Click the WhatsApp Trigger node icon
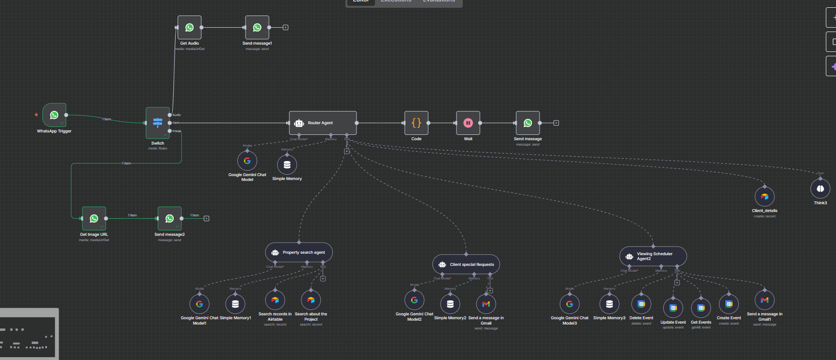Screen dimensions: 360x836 54,115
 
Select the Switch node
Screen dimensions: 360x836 158,123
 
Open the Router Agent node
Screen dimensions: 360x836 323,123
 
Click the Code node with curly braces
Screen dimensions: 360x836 416,123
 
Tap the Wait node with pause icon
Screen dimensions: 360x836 468,123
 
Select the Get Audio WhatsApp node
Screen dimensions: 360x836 189,28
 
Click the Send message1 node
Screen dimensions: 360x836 257,28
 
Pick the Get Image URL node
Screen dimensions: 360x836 94,218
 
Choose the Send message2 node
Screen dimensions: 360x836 169,218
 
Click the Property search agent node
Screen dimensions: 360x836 299,252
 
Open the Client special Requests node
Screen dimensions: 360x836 466,264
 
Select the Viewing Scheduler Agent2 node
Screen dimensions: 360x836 653,256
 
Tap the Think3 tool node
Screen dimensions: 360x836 820,189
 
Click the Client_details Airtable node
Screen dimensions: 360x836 765,196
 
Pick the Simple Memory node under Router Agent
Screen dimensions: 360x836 287,164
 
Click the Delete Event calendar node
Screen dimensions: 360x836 641,304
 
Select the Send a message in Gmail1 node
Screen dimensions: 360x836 765,300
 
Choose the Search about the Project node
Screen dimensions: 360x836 311,300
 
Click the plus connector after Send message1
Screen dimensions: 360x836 285,28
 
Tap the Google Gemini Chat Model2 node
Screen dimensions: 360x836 414,300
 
